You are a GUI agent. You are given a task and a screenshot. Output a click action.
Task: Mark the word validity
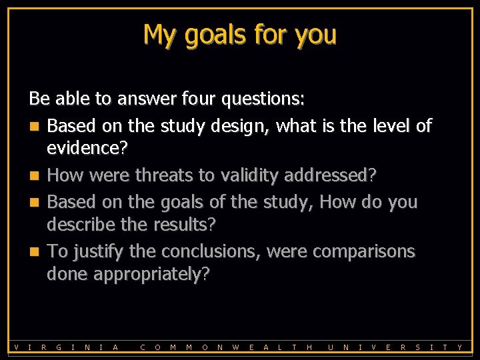pyautogui.click(x=251, y=175)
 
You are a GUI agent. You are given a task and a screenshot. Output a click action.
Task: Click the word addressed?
pyautogui.click(x=331, y=175)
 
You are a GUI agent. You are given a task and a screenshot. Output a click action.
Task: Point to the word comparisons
pyautogui.click(x=363, y=251)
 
